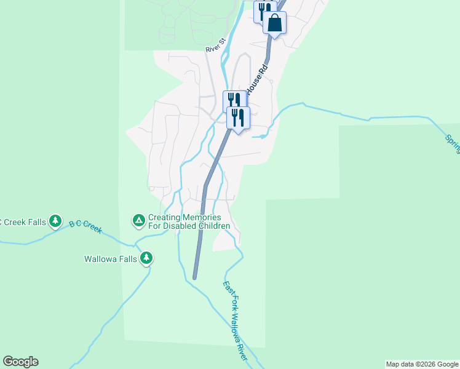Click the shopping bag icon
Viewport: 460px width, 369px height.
coord(275,23)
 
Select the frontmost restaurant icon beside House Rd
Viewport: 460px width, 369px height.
coord(238,117)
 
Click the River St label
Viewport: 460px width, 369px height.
coord(216,47)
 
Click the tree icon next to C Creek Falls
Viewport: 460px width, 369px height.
coord(55,220)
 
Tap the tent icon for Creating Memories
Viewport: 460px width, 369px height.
coord(139,219)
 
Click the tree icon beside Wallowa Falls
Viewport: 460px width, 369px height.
coord(146,258)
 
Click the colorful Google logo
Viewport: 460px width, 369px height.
coord(20,362)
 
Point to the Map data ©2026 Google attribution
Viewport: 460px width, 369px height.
coord(422,364)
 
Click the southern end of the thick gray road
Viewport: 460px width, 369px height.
coord(194,277)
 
